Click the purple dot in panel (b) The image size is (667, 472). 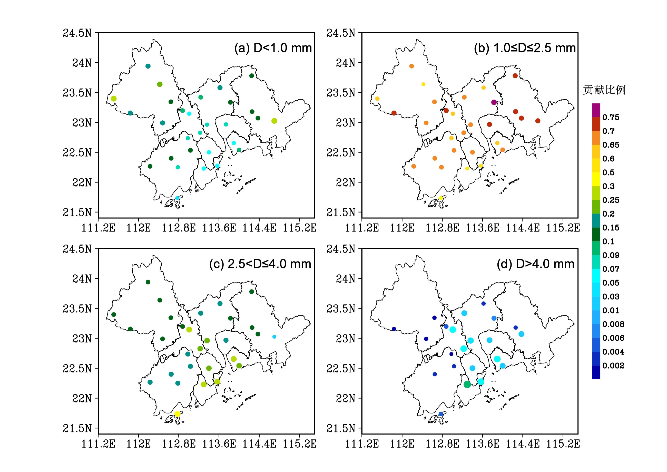click(x=494, y=102)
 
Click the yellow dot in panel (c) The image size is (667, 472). click(x=177, y=414)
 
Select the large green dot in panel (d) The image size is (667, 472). click(x=467, y=384)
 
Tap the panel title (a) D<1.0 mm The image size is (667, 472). click(x=273, y=48)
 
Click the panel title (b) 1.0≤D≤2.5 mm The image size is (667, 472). click(x=525, y=48)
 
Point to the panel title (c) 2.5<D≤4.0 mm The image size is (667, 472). click(x=260, y=264)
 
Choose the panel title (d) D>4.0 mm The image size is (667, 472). click(x=535, y=264)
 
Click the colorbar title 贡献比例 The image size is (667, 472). click(x=604, y=90)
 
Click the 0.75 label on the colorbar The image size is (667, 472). click(x=611, y=117)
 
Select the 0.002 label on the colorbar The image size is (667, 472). click(x=613, y=366)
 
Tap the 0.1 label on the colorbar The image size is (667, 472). click(x=608, y=242)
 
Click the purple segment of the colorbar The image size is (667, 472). click(x=596, y=110)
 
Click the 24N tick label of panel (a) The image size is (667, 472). click(x=82, y=63)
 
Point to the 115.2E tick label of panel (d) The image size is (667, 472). click(x=563, y=444)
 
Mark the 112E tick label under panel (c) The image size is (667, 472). click(x=138, y=444)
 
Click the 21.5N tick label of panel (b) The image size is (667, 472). click(x=341, y=213)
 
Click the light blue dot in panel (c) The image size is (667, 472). click(x=274, y=337)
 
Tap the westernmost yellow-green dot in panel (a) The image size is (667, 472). click(x=114, y=99)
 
